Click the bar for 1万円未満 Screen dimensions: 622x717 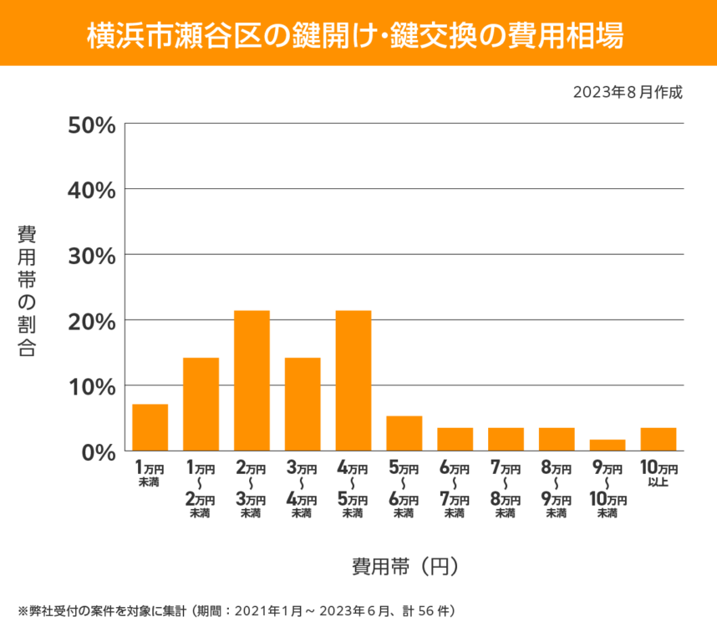point(150,427)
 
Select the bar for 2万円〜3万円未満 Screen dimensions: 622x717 point(252,380)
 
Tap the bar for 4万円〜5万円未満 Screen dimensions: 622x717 point(353,380)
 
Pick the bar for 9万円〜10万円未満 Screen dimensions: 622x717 point(608,445)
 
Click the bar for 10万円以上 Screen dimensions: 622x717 point(659,439)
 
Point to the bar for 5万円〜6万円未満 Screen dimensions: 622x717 point(404,433)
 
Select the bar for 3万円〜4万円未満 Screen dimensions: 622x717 point(303,404)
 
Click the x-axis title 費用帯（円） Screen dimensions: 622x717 point(404,567)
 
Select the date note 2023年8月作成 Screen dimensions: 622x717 point(628,91)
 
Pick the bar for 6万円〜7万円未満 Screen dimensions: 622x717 point(455,439)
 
